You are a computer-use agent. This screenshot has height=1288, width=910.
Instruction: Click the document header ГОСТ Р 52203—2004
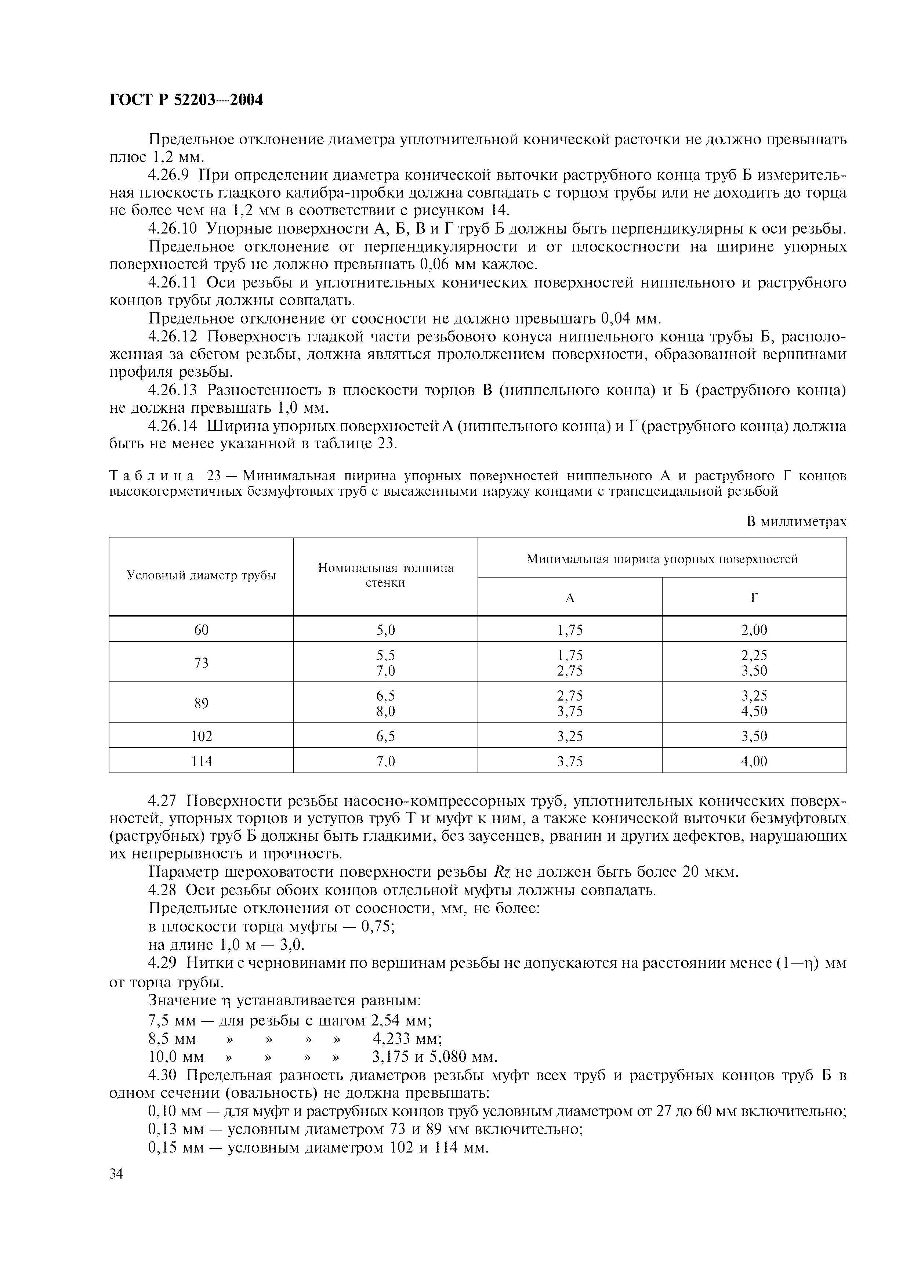pos(186,100)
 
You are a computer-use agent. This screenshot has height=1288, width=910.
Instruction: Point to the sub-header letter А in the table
pos(570,598)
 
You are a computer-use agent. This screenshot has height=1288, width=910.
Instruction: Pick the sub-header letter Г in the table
pos(754,598)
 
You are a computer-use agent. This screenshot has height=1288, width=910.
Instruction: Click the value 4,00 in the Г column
pos(754,761)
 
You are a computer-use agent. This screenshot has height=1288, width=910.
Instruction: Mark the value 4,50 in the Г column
pos(754,711)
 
